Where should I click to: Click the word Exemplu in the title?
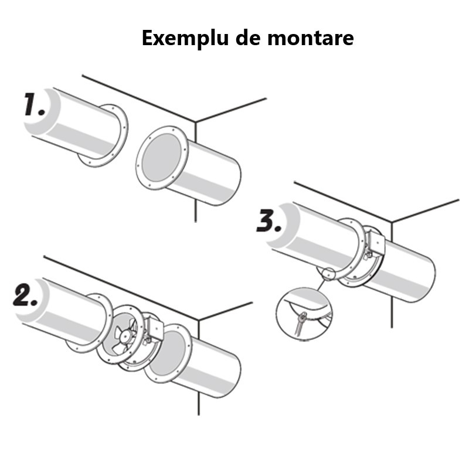click(x=175, y=38)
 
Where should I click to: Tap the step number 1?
click(x=35, y=106)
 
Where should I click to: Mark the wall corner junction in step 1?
click(x=195, y=123)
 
